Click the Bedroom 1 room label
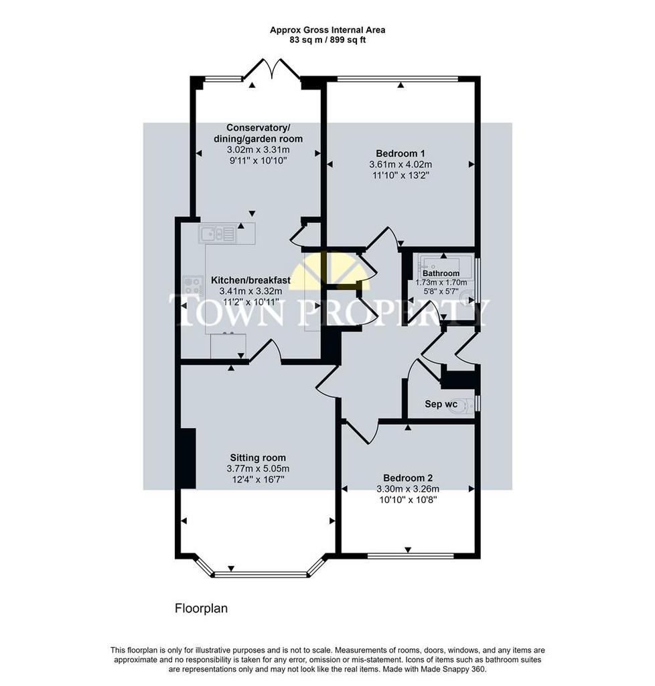(400, 153)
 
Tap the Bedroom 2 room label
(407, 478)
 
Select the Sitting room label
(258, 458)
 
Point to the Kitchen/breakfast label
(250, 280)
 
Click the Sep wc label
(441, 404)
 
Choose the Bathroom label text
(441, 273)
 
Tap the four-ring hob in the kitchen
(193, 285)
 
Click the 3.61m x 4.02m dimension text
(400, 165)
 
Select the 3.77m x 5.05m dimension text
(258, 468)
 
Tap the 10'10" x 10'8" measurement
(408, 500)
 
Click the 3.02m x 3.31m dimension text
(258, 149)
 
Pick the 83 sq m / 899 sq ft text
(327, 40)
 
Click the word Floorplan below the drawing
(201, 608)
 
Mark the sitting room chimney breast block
(188, 458)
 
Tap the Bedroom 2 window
(411, 556)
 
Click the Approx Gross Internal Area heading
(327, 30)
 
